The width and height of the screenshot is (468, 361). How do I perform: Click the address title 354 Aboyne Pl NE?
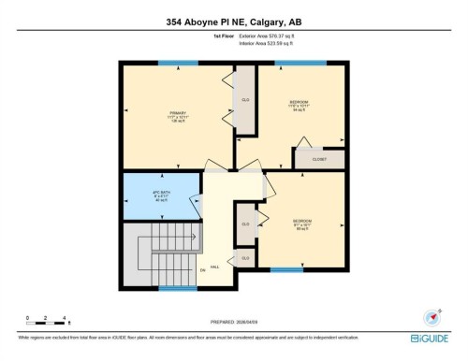[233, 22]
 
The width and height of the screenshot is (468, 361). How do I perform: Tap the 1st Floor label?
[223, 36]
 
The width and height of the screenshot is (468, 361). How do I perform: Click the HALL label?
[214, 267]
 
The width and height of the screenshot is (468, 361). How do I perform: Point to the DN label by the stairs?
[202, 270]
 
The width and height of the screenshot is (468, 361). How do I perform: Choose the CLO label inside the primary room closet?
[245, 99]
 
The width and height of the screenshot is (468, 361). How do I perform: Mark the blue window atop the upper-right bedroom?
[300, 63]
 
